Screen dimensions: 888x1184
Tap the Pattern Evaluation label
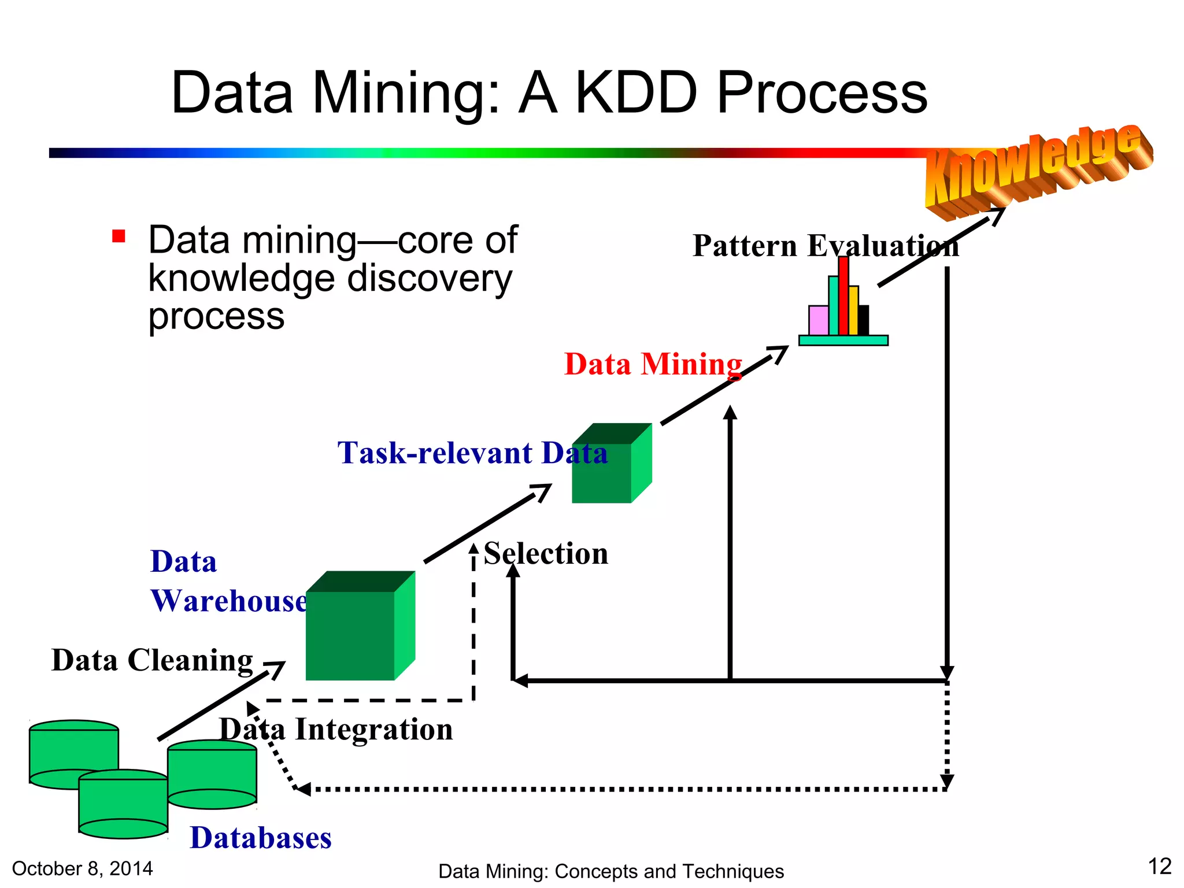click(825, 246)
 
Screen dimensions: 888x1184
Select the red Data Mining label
click(653, 364)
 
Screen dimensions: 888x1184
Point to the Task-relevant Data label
click(472, 453)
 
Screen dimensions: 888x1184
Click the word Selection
click(546, 553)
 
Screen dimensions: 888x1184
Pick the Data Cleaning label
click(152, 660)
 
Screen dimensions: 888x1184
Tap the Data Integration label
click(336, 729)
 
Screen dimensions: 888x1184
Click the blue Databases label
click(261, 838)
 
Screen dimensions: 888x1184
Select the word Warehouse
click(229, 601)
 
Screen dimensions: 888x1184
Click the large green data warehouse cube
click(353, 633)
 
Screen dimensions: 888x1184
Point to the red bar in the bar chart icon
click(843, 296)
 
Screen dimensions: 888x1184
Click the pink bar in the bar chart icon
click(818, 320)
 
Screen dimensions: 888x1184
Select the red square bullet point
click(119, 236)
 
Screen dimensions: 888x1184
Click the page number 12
click(1159, 867)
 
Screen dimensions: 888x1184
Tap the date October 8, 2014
click(82, 868)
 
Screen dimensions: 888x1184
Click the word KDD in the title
click(637, 92)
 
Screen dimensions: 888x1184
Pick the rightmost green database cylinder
click(212, 775)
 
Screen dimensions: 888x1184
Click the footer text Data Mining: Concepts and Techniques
click(611, 871)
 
